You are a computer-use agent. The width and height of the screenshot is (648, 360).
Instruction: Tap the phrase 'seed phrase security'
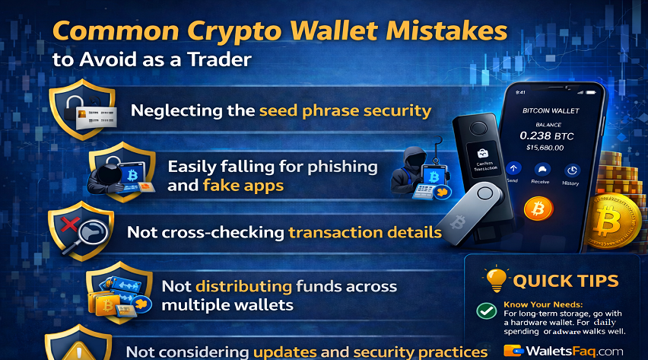345,110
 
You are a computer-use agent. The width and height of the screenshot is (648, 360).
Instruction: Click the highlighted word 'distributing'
244,287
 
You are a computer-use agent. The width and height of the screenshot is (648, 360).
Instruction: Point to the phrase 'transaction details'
365,232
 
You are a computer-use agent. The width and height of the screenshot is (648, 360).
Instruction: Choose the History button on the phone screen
570,174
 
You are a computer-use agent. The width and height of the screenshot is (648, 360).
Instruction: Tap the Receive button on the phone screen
542,174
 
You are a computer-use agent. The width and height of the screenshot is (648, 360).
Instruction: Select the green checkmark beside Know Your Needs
485,311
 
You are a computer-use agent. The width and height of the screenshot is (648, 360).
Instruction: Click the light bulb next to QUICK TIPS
496,279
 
